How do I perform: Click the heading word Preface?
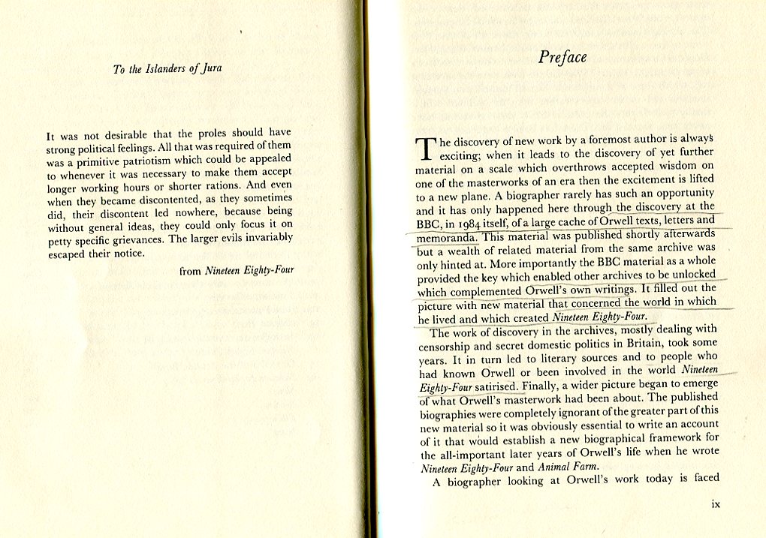pos(562,58)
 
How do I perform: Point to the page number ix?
pos(716,504)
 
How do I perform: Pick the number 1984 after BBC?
pos(479,222)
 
